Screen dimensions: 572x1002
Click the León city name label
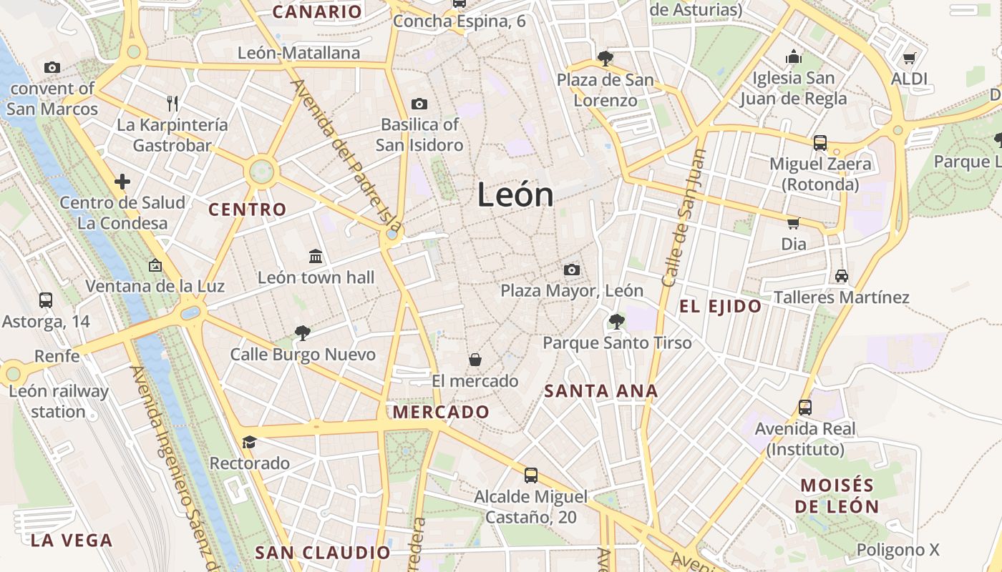coord(515,194)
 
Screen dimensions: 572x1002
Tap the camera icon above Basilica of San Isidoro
coord(420,104)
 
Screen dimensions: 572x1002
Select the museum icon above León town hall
coord(316,256)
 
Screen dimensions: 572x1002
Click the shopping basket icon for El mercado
coord(475,359)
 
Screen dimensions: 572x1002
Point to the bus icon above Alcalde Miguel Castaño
coord(531,475)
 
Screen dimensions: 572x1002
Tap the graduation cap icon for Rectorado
coord(249,442)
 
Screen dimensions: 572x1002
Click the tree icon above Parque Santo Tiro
coord(616,321)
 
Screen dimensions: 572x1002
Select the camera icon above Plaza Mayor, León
coord(571,270)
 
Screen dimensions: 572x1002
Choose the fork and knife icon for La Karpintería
coord(172,103)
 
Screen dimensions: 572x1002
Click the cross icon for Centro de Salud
coord(122,181)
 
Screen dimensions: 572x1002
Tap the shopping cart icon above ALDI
coord(909,58)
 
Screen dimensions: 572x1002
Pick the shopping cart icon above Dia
coord(793,223)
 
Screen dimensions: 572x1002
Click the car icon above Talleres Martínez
coord(842,275)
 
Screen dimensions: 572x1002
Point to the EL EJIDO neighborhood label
coord(721,307)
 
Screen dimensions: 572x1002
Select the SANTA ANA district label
coord(601,391)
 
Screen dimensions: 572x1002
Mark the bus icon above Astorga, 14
coord(46,300)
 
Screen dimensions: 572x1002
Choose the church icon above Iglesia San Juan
coord(793,57)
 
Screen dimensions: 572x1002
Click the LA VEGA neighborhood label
coord(72,540)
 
